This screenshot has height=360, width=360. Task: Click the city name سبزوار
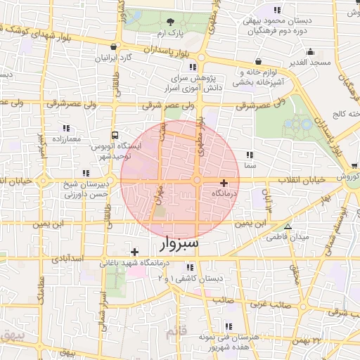(175, 244)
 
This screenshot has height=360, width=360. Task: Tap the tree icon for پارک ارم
(172, 22)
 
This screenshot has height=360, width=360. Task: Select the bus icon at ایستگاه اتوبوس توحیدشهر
(114, 136)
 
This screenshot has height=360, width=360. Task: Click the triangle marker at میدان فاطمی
(288, 226)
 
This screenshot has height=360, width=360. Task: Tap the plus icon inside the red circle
(224, 183)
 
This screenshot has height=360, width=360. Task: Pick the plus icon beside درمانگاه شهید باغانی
(134, 252)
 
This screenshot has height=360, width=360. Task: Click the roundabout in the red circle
(196, 181)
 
